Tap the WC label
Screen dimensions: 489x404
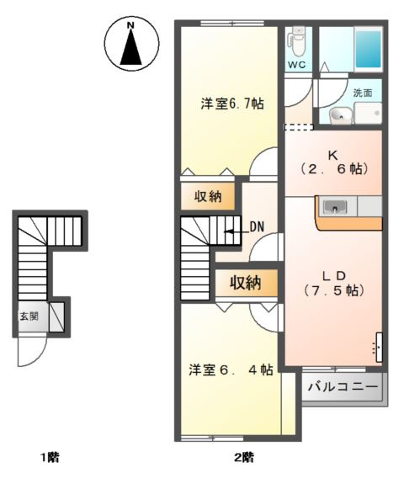[296, 64]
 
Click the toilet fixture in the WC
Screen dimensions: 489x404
[296, 40]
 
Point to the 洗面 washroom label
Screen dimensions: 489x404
[363, 93]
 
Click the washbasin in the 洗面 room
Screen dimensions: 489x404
[341, 114]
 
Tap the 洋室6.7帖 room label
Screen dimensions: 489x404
[231, 104]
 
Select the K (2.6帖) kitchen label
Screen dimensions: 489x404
[332, 162]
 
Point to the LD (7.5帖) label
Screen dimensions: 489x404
[332, 282]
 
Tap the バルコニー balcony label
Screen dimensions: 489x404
[342, 389]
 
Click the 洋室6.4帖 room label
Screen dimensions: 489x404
[230, 370]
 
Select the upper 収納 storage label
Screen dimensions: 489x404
[208, 197]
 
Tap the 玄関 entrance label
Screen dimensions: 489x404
[29, 317]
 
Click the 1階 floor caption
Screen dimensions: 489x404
[48, 458]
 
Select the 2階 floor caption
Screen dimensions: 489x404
[243, 458]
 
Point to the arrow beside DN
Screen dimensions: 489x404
[236, 227]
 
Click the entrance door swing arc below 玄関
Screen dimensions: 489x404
[30, 354]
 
